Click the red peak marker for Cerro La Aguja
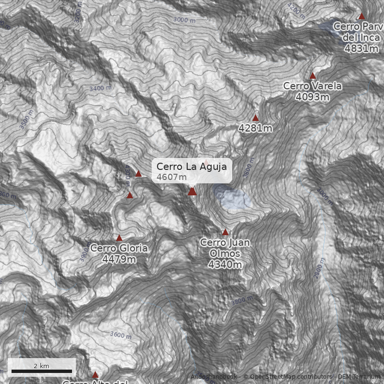coord(192,192)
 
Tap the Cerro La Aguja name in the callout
coord(192,167)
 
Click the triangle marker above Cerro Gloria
coord(120,238)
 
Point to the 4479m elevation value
coord(119,259)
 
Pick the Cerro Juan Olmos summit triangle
coord(226,232)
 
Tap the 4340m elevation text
coord(225,264)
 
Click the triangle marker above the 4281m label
coord(256,118)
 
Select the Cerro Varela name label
coord(312,86)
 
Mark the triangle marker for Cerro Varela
coord(313,75)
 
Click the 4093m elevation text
coord(312,97)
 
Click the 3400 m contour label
coord(100,88)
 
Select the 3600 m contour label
coord(120,335)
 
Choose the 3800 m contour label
coord(241,301)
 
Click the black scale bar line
coord(42,371)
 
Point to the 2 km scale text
coord(42,366)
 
